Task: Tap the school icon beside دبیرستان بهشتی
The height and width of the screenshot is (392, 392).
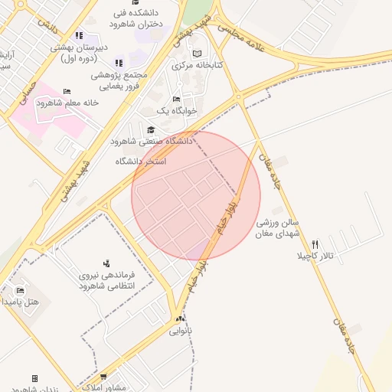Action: (80, 36)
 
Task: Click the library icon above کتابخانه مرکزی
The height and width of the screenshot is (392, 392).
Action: (198, 54)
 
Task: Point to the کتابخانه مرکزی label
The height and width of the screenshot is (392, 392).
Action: (198, 66)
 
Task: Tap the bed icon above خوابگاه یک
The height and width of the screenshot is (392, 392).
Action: (177, 100)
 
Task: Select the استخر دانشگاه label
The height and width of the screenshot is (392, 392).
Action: (141, 162)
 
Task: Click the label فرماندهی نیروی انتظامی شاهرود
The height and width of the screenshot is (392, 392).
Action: (106, 279)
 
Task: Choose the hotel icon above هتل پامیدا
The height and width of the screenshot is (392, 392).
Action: (20, 290)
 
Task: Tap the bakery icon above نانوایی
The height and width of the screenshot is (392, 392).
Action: (180, 318)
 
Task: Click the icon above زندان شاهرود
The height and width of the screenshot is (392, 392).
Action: (34, 378)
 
